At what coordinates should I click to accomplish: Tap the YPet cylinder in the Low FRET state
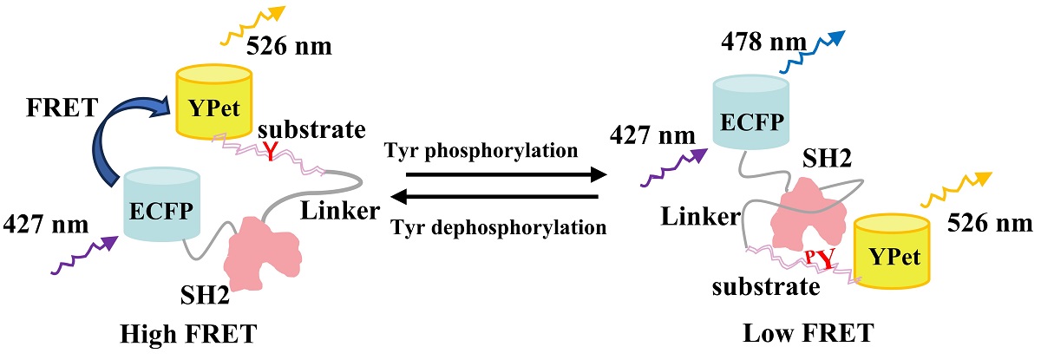(893, 253)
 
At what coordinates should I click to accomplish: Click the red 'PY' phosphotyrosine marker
(821, 259)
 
